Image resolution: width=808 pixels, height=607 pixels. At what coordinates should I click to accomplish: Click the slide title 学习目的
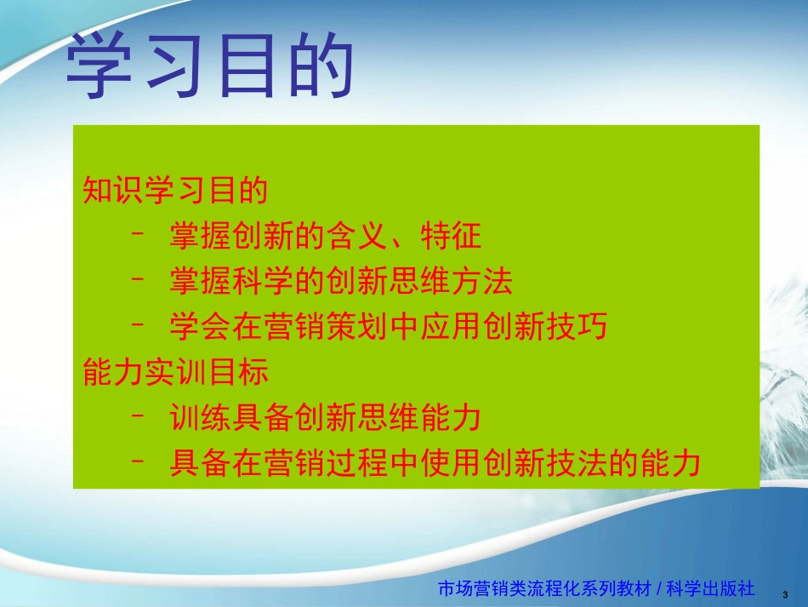[209, 69]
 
